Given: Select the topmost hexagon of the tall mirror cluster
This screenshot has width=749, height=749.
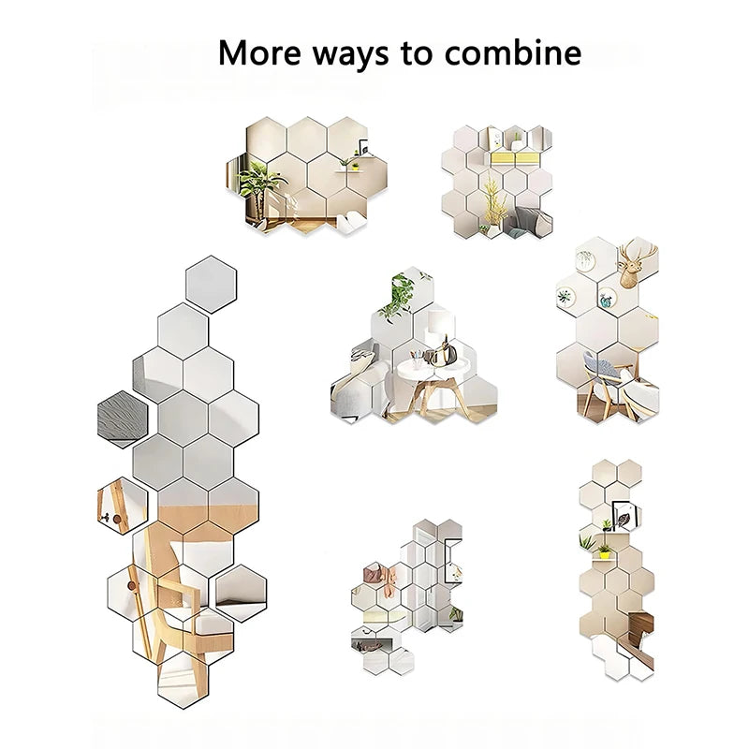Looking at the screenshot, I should pyautogui.click(x=211, y=283).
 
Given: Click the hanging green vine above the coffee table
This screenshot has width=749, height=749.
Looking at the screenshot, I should pyautogui.click(x=400, y=290).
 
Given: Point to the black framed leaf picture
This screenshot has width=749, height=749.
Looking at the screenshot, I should pyautogui.click(x=625, y=511).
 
